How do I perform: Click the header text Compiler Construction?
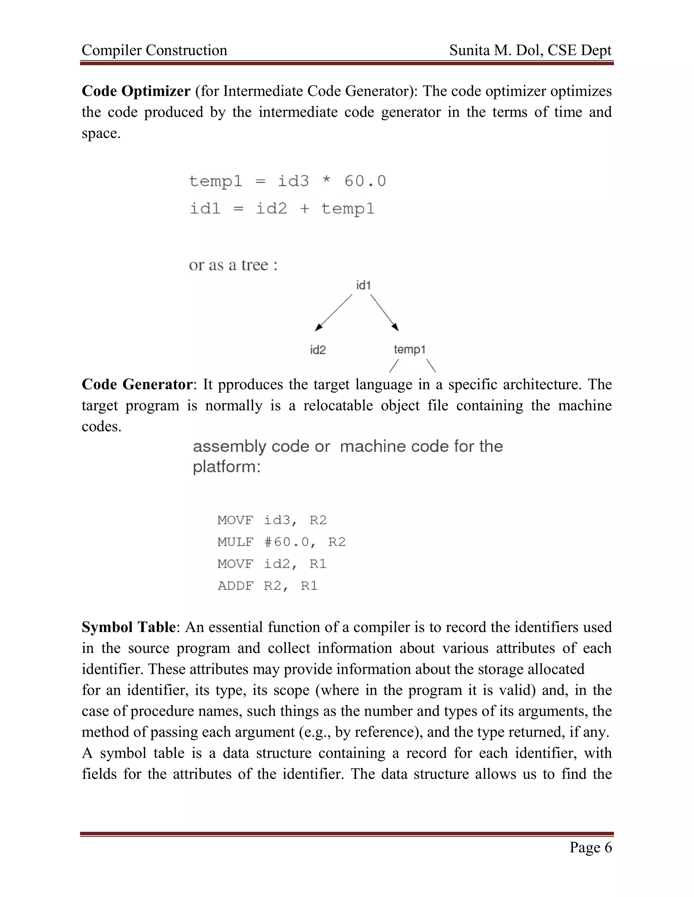pos(154,50)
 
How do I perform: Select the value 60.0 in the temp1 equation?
pos(365,181)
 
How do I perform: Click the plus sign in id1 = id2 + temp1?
pos(304,209)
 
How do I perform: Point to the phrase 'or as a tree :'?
pos(233,265)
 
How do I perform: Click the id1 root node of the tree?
pos(364,285)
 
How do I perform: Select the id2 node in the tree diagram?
pos(318,350)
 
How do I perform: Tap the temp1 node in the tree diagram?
pos(409,350)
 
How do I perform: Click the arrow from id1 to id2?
pos(333,312)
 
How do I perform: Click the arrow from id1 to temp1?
pos(384,312)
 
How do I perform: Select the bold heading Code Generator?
pos(137,385)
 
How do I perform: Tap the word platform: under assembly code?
pos(227,467)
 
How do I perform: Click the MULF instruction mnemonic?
pos(236,542)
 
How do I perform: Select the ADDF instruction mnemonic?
pos(236,586)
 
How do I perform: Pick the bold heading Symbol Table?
pos(129,627)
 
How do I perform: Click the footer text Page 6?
pos(590,847)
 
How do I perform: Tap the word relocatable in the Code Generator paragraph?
pos(338,406)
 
